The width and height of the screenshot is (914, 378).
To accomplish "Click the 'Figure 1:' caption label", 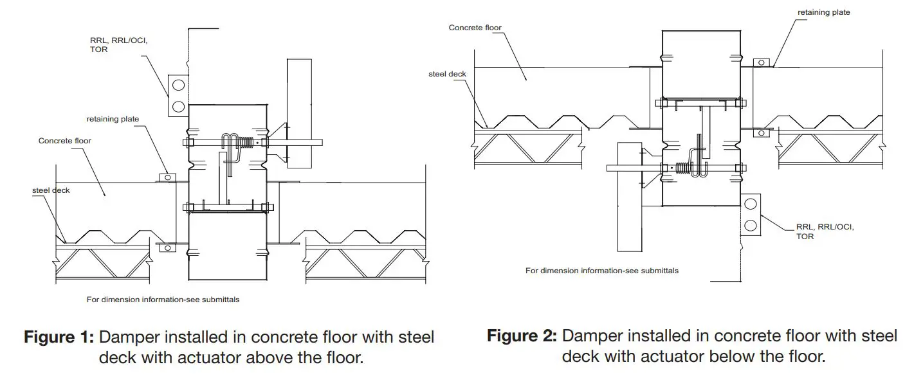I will [60, 337].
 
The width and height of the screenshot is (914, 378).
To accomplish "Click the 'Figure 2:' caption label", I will [522, 336].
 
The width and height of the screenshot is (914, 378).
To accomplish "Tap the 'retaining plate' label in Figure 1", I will [113, 119].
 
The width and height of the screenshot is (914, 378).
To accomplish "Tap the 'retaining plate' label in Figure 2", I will [823, 12].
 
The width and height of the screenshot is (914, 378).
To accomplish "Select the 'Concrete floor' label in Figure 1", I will [65, 141].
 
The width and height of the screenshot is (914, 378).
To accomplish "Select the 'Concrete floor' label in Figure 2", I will [475, 28].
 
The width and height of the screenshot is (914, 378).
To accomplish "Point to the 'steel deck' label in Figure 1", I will [51, 190].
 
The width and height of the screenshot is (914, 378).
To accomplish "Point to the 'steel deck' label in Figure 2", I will [447, 74].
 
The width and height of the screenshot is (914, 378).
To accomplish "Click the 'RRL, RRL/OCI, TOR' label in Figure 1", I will [118, 45].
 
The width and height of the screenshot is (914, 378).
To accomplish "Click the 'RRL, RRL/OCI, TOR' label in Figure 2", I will [825, 231].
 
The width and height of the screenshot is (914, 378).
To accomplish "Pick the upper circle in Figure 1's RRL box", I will [178, 85].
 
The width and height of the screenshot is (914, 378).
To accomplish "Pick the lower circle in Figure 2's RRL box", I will [750, 224].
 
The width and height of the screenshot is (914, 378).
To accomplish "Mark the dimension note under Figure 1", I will [163, 300].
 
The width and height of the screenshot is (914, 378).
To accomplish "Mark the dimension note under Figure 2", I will [601, 271].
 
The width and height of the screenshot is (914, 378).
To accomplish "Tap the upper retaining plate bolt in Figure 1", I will [167, 177].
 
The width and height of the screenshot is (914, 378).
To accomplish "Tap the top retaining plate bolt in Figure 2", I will [761, 62].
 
